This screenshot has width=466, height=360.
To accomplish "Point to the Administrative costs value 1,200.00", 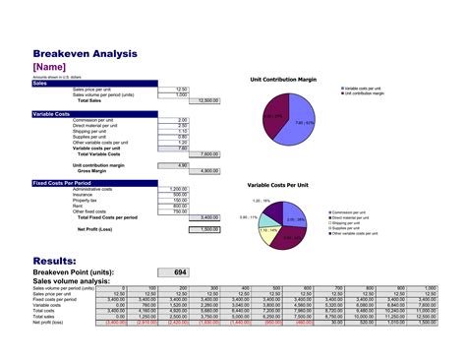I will pyautogui.click(x=178, y=189).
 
